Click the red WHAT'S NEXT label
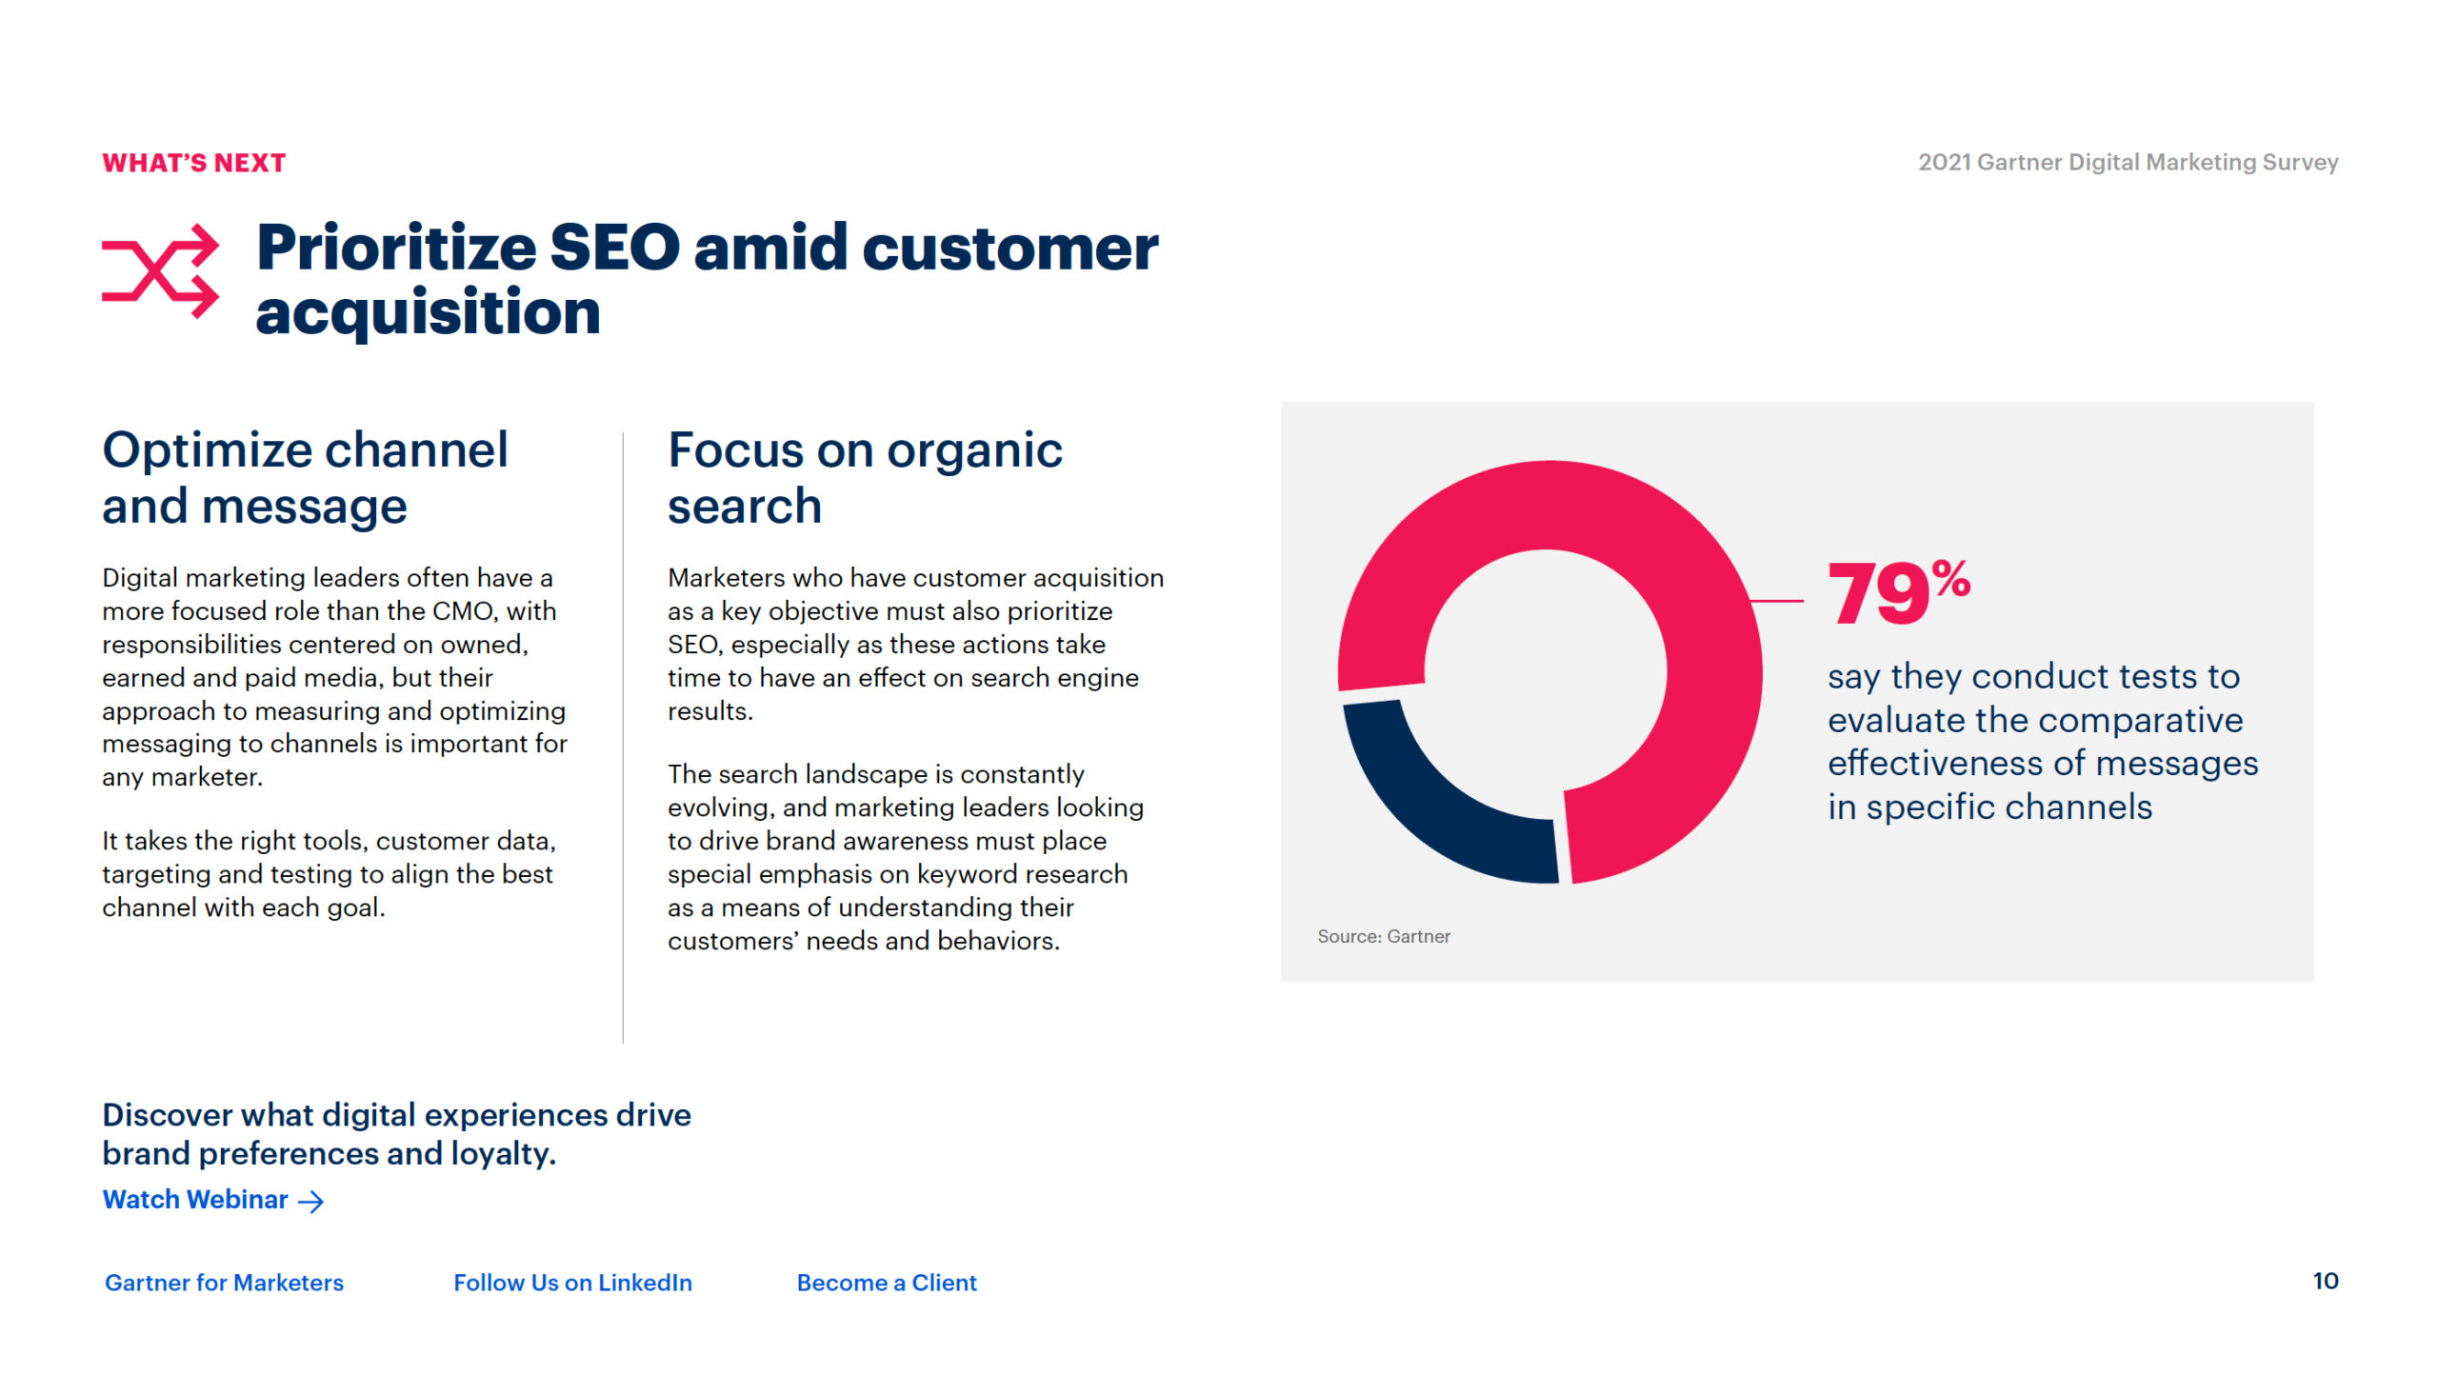tap(194, 163)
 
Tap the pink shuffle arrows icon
tap(160, 271)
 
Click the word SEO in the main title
tap(614, 248)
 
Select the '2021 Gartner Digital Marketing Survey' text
tap(2128, 162)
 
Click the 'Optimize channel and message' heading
tap(305, 477)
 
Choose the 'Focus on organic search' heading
tap(865, 477)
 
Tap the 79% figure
tap(1899, 591)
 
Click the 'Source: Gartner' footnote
tap(1384, 936)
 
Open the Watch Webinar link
tap(195, 1200)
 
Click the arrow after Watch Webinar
tap(311, 1202)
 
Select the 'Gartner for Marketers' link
tap(224, 1283)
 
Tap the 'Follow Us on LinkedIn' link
tap(572, 1283)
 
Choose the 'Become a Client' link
tap(887, 1283)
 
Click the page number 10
tap(2326, 1281)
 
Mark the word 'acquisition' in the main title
tap(428, 313)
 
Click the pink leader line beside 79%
tap(1777, 601)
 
